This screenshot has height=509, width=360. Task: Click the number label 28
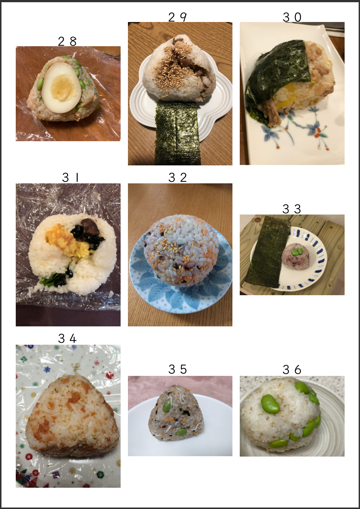pos(67,41)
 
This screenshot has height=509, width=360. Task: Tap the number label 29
pos(177,17)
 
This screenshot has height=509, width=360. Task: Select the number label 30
pos(292,17)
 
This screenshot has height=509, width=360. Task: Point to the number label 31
pos(70,177)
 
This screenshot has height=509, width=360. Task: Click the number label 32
pos(177,177)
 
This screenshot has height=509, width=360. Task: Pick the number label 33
pos(292,209)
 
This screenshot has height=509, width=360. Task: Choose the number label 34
pos(67,338)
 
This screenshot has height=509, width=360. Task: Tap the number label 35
pos(177,369)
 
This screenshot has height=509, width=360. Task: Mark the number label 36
pos(292,370)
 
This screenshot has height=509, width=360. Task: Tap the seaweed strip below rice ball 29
pos(177,133)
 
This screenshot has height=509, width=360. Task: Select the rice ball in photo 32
pos(181,250)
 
